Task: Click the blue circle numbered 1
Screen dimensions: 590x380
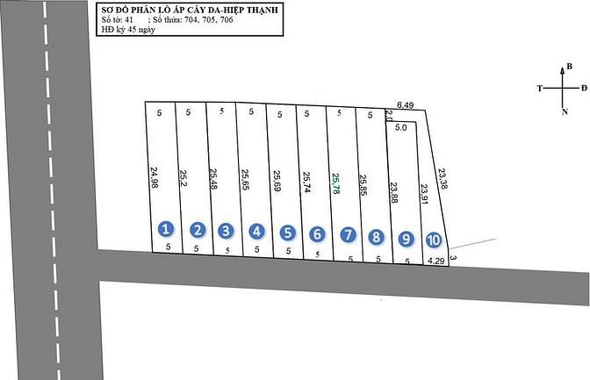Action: pyautogui.click(x=166, y=229)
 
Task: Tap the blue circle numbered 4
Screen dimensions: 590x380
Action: pyautogui.click(x=256, y=231)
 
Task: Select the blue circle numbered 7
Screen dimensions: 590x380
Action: pyautogui.click(x=348, y=235)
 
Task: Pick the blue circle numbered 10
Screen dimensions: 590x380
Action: pyautogui.click(x=434, y=240)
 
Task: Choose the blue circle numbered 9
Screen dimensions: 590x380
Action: pyautogui.click(x=406, y=239)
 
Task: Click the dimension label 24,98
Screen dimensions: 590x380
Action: pyautogui.click(x=155, y=177)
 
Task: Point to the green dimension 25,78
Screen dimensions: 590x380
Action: pyautogui.click(x=335, y=183)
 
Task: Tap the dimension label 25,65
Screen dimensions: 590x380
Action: pyautogui.click(x=245, y=179)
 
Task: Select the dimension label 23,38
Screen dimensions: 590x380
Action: pyautogui.click(x=442, y=179)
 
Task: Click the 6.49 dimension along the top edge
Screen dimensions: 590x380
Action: pyautogui.click(x=406, y=105)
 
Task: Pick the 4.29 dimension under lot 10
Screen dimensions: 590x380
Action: pyautogui.click(x=436, y=261)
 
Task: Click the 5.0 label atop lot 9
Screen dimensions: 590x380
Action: pyautogui.click(x=400, y=127)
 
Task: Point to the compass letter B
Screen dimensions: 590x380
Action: pyautogui.click(x=569, y=66)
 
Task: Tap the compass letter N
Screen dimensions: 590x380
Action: pyautogui.click(x=565, y=111)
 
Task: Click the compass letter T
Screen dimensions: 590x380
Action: pyautogui.click(x=540, y=89)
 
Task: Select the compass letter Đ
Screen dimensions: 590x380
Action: pyautogui.click(x=584, y=88)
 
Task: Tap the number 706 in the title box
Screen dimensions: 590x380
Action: pyautogui.click(x=227, y=20)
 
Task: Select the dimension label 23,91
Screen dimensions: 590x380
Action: pyautogui.click(x=424, y=194)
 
